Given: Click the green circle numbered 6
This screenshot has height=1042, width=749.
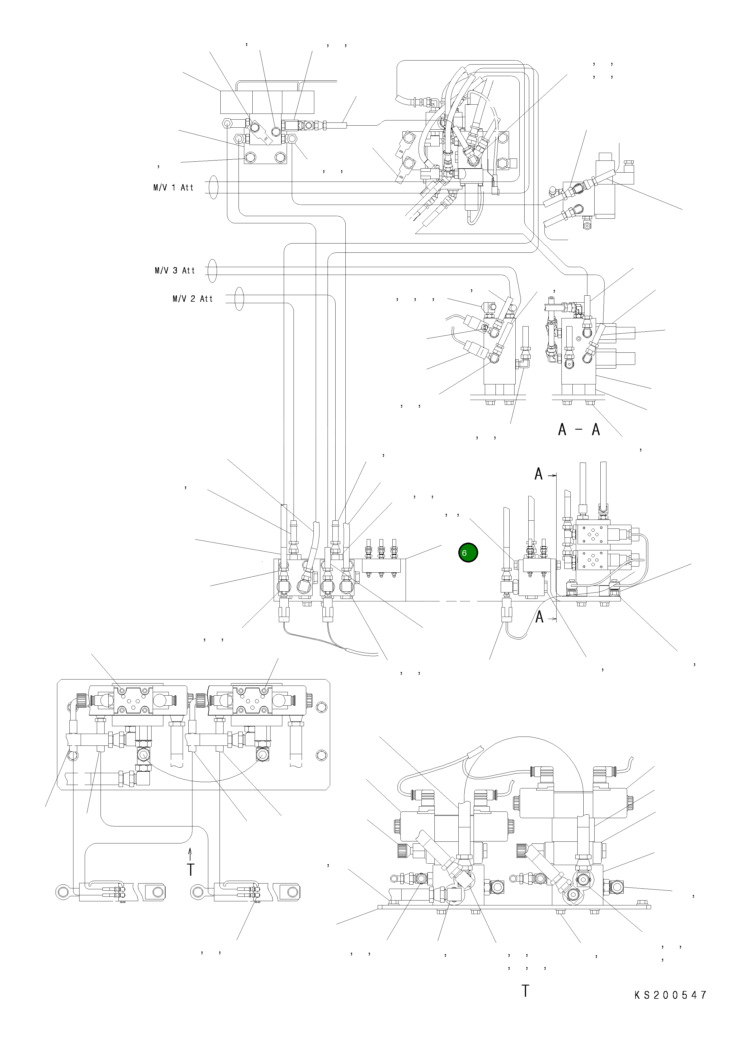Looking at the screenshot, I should pos(468,553).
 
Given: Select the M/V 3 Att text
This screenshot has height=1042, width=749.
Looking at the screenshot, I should pos(175,271).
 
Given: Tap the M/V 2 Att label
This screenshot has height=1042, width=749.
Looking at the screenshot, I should pos(193,299).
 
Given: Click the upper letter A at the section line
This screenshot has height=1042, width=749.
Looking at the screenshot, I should pos(539,474).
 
